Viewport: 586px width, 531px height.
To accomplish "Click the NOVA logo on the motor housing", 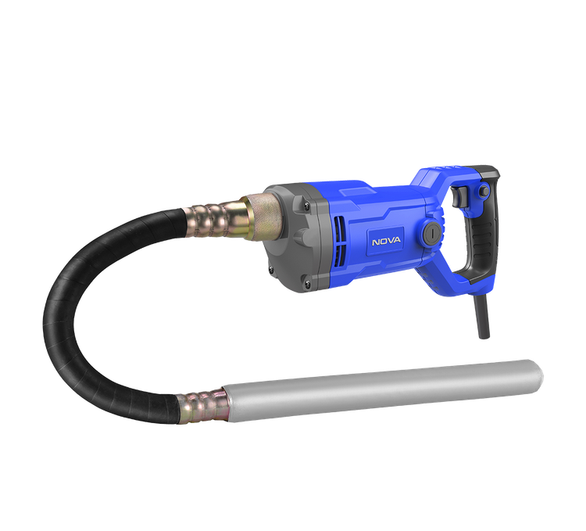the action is (x=386, y=241).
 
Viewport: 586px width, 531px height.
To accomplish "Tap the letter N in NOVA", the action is (x=375, y=242).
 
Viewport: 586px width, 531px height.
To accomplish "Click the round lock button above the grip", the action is (x=484, y=191).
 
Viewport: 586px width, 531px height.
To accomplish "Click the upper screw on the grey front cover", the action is (x=307, y=205).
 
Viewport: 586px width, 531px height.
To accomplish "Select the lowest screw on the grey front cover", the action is (x=307, y=284).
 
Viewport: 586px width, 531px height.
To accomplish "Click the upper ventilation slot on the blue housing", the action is (x=338, y=229).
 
